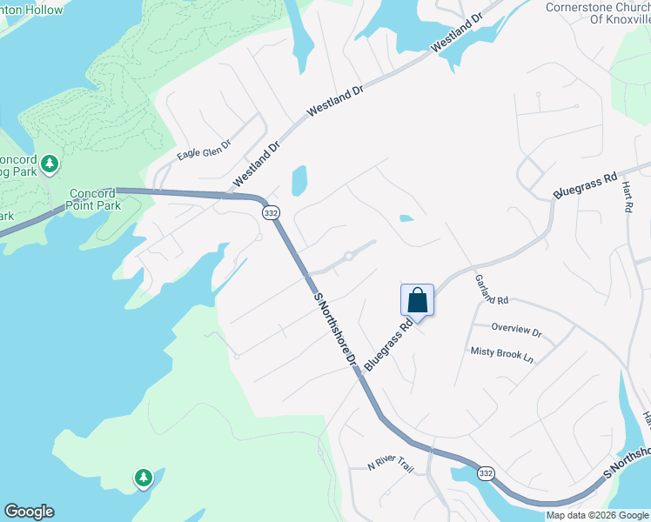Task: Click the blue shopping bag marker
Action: (x=417, y=300)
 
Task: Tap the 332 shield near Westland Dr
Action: (x=271, y=212)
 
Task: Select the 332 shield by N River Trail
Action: (x=486, y=472)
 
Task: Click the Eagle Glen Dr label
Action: (x=204, y=151)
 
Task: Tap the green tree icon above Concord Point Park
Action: (x=50, y=163)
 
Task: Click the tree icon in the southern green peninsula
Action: (x=143, y=477)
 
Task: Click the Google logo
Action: (x=29, y=512)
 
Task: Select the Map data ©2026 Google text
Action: (x=597, y=515)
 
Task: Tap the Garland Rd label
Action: (x=491, y=290)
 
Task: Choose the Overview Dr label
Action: (x=516, y=331)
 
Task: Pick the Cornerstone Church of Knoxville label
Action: (x=597, y=15)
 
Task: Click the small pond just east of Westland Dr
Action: (x=299, y=180)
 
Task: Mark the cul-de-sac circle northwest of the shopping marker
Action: (x=348, y=256)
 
